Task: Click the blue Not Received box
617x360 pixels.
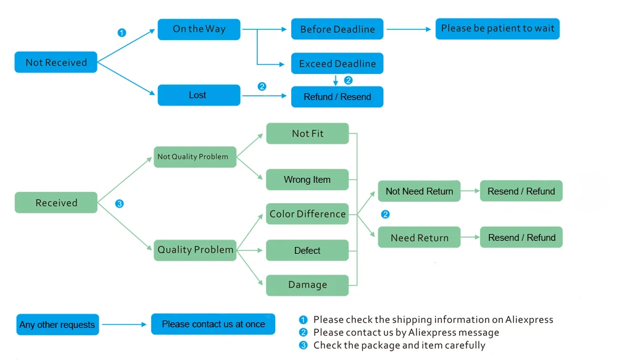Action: point(56,62)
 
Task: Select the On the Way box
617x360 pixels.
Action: point(199,29)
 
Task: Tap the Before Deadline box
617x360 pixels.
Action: point(337,29)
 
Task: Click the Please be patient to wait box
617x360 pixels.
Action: point(497,29)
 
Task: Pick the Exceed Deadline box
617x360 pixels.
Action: point(337,64)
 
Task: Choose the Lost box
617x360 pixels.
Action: point(199,95)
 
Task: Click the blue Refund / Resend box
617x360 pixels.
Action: point(337,97)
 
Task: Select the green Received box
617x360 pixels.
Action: point(56,203)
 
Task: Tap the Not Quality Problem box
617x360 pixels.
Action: point(195,157)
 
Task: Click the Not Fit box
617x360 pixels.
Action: point(307,133)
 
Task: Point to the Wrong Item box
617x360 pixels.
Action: point(307,180)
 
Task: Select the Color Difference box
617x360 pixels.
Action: point(307,214)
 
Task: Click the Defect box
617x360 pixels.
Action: point(307,250)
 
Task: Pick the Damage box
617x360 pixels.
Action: point(307,285)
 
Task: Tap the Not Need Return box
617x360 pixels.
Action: point(419,191)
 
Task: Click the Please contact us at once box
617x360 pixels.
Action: point(213,324)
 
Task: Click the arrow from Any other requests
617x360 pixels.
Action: point(125,325)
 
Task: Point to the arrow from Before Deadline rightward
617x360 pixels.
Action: point(409,29)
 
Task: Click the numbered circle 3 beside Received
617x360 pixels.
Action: point(119,204)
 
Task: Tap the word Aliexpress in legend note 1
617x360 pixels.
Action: point(529,319)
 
